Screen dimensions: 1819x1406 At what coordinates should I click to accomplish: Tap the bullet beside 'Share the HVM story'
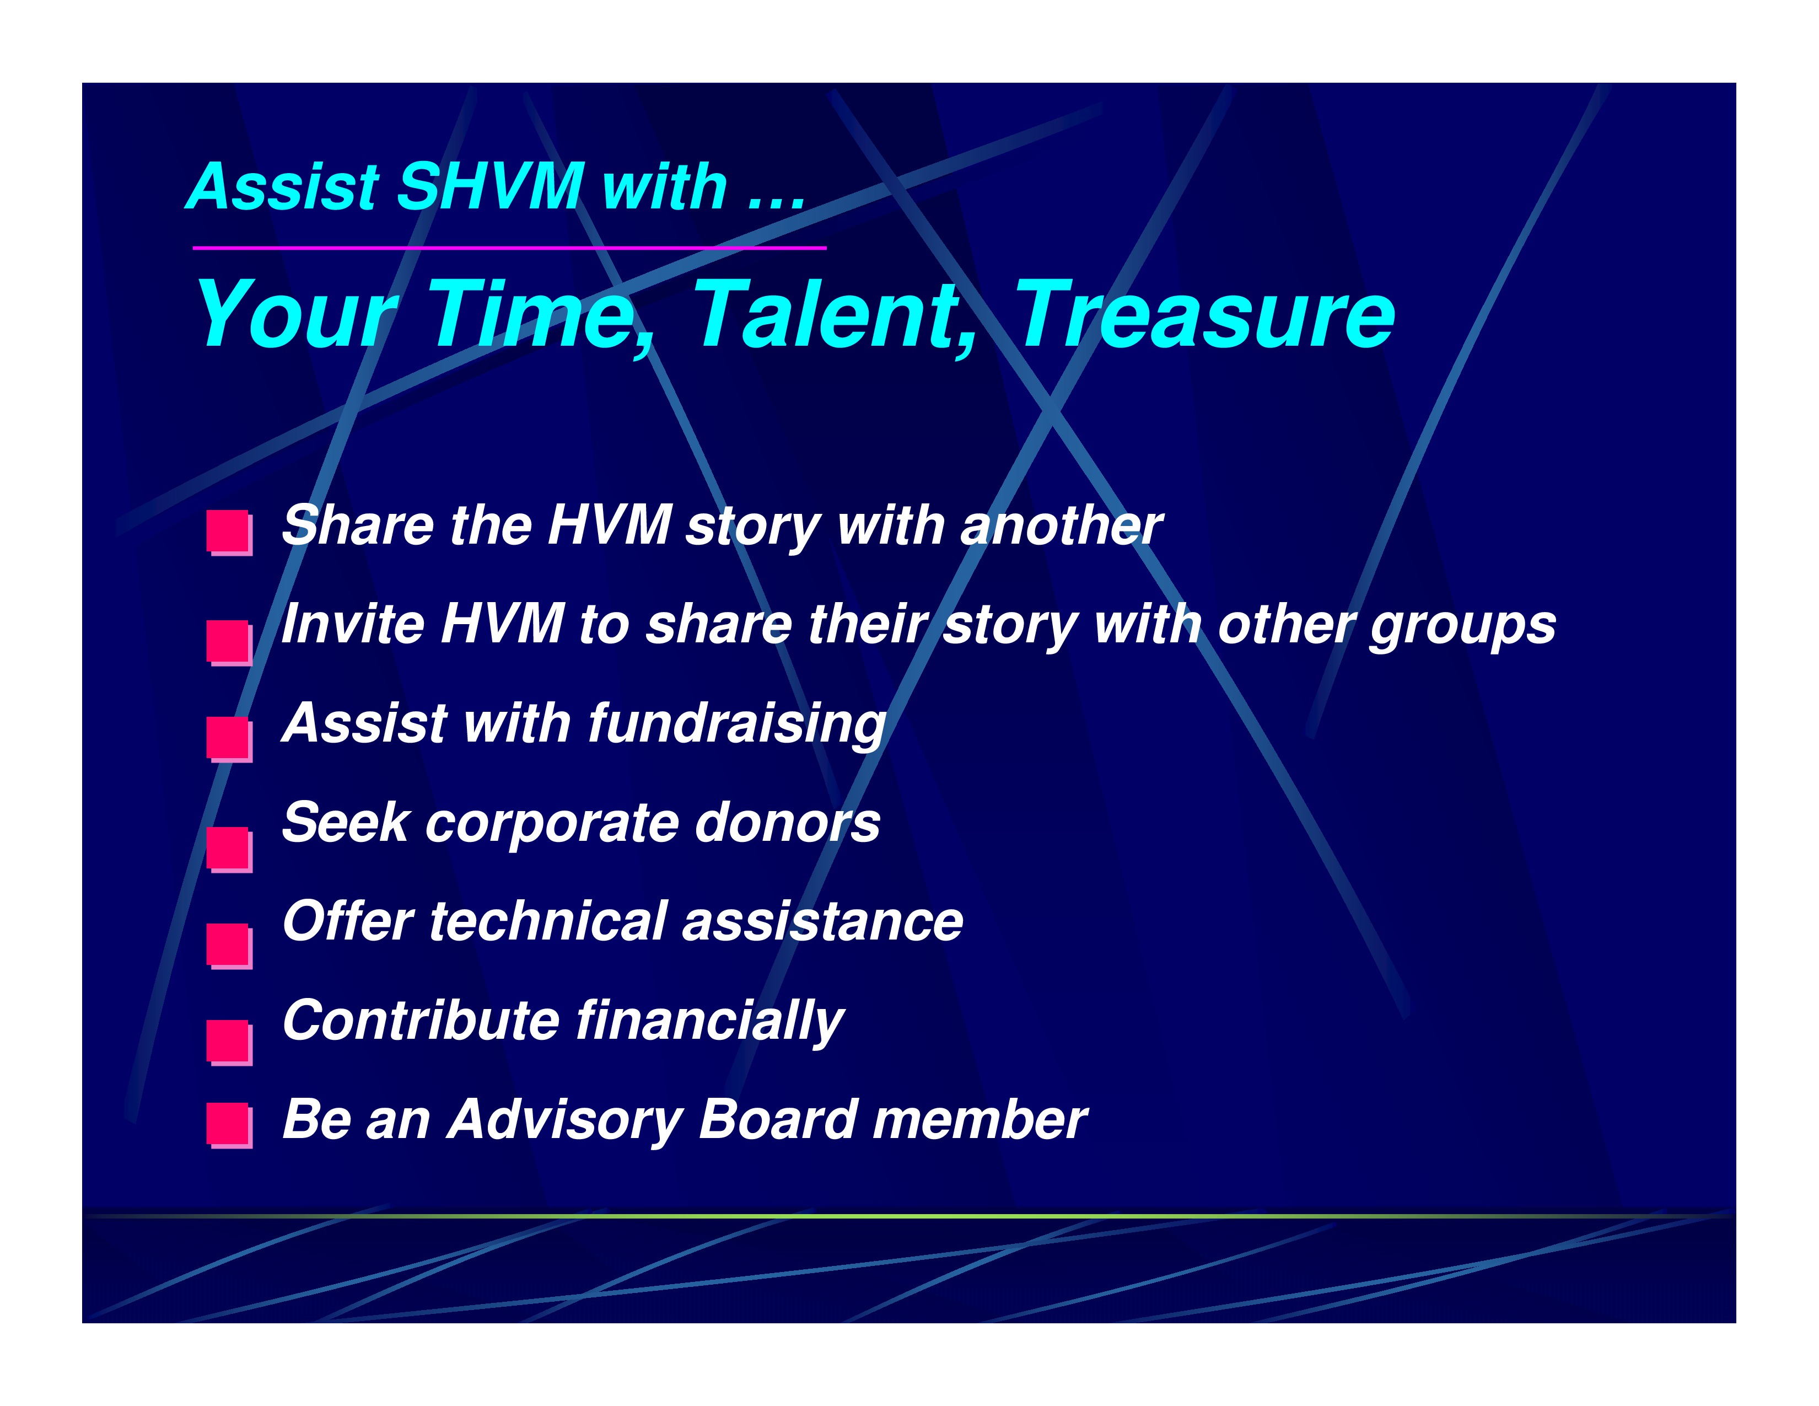(x=230, y=533)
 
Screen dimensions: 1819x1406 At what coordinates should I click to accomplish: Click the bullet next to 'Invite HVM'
(x=230, y=643)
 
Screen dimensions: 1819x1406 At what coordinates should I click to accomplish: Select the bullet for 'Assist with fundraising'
(x=230, y=739)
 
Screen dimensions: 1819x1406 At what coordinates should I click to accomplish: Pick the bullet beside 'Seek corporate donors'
(x=230, y=850)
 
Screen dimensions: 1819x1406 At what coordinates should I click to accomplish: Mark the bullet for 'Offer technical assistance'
(x=230, y=946)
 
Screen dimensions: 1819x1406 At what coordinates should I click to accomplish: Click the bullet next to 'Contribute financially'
(x=230, y=1043)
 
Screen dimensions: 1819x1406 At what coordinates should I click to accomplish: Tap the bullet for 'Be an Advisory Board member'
(x=230, y=1126)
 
